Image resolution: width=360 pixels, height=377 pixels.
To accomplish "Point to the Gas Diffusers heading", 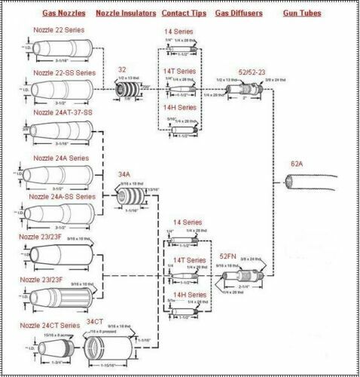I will (x=240, y=14).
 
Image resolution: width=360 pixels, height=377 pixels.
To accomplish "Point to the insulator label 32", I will (x=121, y=69).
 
